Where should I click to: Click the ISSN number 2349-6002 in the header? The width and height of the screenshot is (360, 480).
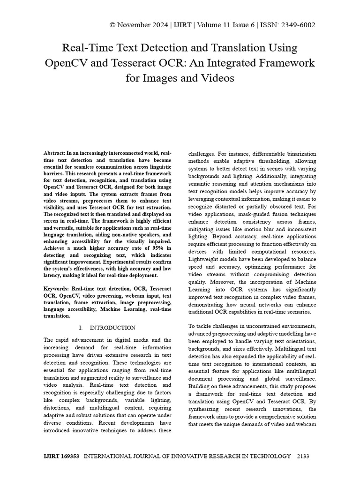(x=297, y=25)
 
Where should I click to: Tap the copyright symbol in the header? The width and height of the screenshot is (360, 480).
(x=112, y=25)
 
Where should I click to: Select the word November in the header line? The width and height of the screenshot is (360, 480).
(x=136, y=25)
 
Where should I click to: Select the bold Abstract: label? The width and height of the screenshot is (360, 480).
(x=54, y=153)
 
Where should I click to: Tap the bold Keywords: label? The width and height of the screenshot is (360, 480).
(x=57, y=289)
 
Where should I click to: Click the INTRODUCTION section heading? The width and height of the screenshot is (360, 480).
(x=112, y=328)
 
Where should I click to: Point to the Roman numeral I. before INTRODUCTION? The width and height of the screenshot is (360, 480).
(x=81, y=328)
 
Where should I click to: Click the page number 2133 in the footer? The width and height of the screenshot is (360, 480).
(x=303, y=456)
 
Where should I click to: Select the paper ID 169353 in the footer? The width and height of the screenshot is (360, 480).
(x=70, y=456)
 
